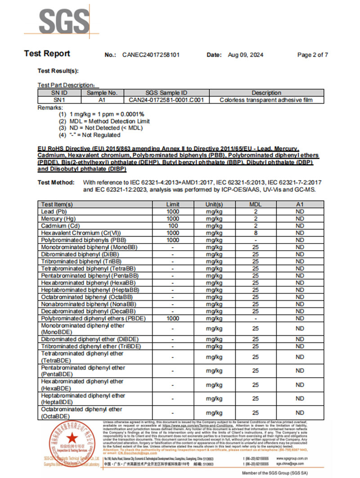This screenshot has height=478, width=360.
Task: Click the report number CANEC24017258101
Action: (151, 55)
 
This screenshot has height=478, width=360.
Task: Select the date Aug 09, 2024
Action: (245, 55)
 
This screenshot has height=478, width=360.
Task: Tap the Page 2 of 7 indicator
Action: (312, 55)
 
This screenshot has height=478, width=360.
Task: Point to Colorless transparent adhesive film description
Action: (266, 100)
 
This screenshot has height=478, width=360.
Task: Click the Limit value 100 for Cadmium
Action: (173, 225)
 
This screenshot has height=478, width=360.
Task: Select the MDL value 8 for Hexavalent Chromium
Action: (255, 233)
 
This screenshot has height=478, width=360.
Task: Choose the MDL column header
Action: (255, 204)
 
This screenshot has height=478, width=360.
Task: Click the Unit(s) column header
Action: (214, 204)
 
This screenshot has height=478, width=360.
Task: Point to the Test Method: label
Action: (55, 182)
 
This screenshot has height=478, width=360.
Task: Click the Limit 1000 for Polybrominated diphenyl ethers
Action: (173, 318)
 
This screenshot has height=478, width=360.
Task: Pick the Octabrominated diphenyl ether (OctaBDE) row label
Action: (81, 413)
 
